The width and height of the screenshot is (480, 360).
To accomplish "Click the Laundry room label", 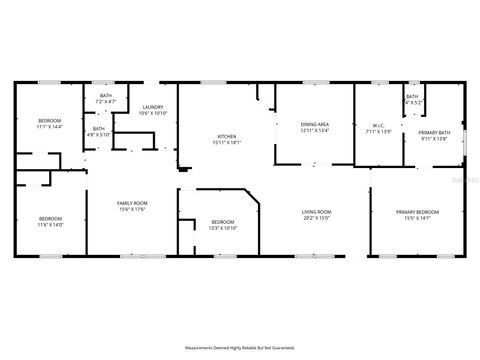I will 153,107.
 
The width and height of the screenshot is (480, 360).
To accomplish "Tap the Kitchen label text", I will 227,137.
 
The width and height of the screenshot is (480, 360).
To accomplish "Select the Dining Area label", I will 315,124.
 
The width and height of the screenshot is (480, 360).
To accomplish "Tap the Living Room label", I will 317,211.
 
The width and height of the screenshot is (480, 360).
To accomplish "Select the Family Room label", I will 132,203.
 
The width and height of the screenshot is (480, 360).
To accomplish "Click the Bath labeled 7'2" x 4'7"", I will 106,96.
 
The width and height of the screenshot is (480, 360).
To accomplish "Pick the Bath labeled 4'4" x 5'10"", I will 99,128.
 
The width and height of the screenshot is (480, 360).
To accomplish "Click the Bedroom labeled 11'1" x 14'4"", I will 49,120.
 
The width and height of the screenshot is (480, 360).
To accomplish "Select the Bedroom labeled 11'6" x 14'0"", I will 50,218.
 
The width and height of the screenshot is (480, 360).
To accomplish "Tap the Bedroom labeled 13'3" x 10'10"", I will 222,221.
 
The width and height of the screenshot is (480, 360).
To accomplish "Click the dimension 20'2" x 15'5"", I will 317,218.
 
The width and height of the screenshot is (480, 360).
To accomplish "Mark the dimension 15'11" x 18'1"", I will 227,143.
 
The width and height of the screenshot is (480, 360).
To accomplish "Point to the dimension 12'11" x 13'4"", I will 315,130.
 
